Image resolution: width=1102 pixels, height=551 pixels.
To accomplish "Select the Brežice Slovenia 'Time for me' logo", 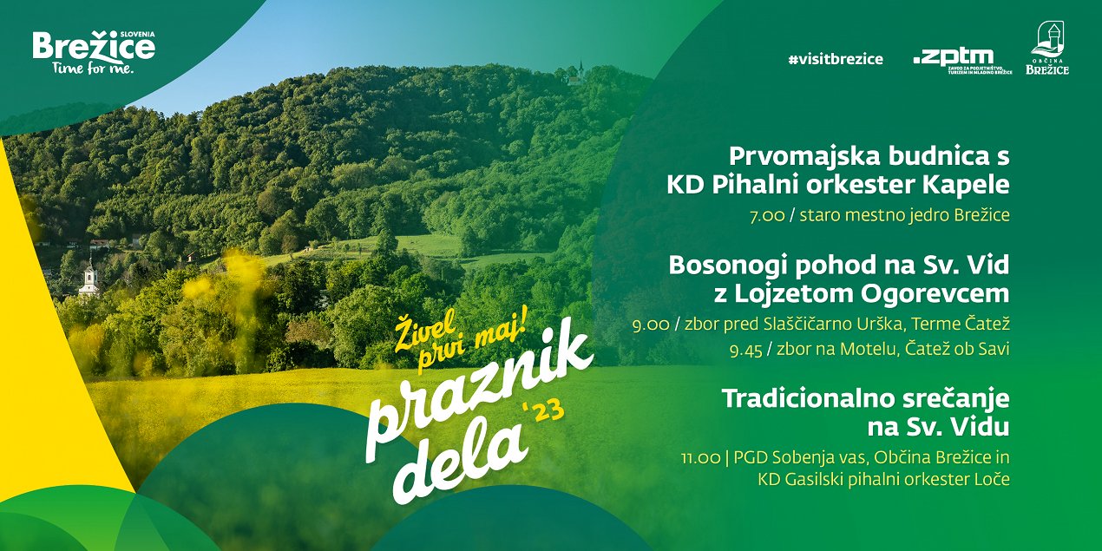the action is point(94,53).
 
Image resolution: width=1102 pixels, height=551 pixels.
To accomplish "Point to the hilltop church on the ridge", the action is point(576,75).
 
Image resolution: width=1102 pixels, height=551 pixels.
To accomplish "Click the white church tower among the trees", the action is point(89,280).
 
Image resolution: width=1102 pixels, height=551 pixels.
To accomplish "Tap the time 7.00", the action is point(767,216).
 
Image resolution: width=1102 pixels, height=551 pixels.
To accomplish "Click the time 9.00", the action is point(651,325).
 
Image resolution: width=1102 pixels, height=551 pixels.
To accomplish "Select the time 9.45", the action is point(746,351).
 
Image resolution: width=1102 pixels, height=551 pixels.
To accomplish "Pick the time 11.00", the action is point(700,458).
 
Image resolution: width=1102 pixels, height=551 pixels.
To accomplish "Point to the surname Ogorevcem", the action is point(935,293).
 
